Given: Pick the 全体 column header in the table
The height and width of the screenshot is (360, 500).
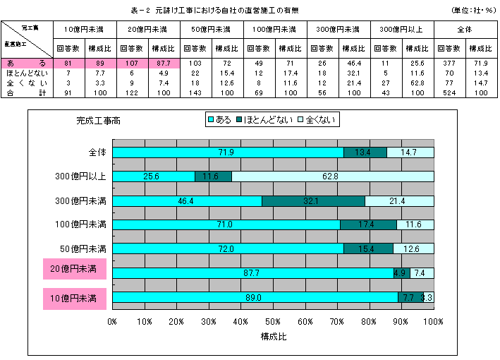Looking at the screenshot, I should click(466, 29).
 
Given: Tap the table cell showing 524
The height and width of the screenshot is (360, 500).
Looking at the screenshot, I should click(450, 92).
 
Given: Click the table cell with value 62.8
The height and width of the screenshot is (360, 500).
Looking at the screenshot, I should click(417, 83).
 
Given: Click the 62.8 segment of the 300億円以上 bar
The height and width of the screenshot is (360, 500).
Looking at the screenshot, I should click(332, 176).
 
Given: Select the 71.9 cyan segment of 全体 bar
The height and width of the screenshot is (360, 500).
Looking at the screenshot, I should click(228, 152).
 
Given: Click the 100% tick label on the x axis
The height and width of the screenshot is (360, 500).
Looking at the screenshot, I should click(433, 322).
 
